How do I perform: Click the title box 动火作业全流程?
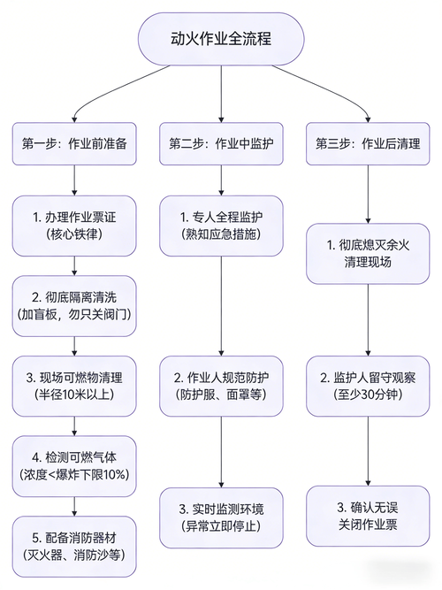coord(221,40)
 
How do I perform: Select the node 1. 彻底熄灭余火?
coord(368,254)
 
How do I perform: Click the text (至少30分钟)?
coord(368,395)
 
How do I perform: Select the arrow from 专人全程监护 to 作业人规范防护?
coord(222,301)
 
